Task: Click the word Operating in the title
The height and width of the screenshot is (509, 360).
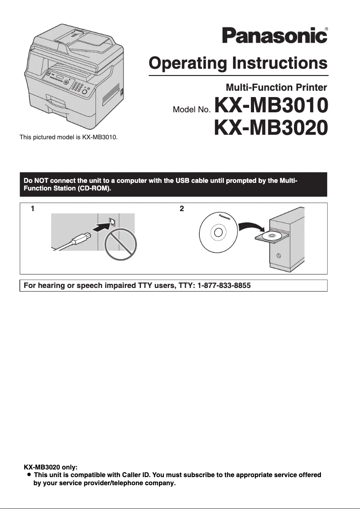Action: click(188, 63)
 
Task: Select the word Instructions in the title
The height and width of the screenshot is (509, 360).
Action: click(279, 63)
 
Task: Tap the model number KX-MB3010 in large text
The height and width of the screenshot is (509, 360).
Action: click(272, 106)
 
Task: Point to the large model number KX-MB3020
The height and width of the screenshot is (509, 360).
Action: click(272, 128)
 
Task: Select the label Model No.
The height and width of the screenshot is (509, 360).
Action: click(192, 110)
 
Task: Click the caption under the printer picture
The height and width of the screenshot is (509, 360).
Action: click(68, 137)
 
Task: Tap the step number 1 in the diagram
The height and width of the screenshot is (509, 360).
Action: click(32, 208)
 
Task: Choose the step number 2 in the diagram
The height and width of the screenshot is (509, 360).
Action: click(181, 208)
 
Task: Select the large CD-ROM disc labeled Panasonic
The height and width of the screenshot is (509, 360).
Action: click(218, 232)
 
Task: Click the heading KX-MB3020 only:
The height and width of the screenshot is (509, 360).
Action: click(51, 467)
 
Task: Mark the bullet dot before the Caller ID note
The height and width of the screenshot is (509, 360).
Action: click(29, 474)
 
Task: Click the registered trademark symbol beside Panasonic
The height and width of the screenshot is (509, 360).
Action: click(326, 29)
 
